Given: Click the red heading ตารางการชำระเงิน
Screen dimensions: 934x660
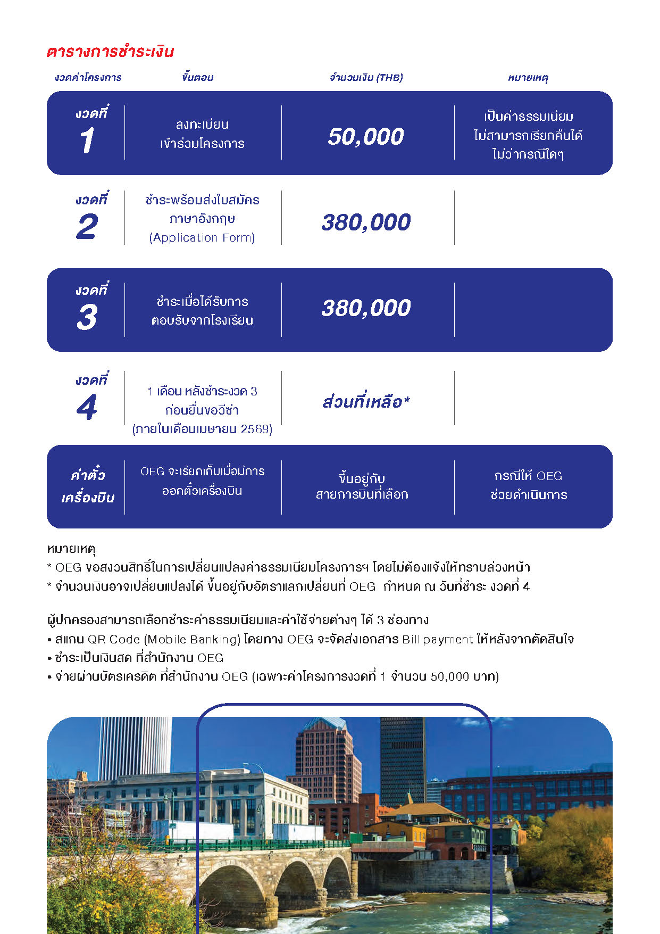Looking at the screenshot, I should click(x=110, y=52).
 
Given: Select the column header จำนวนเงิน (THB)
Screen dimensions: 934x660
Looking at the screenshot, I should click(x=366, y=78).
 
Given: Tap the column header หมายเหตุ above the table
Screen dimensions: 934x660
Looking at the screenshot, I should click(x=528, y=78).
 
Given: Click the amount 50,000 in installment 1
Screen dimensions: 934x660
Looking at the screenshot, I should click(x=366, y=136).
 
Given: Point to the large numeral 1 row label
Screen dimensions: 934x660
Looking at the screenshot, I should click(x=87, y=140).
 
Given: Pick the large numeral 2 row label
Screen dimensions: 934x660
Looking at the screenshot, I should click(x=87, y=226).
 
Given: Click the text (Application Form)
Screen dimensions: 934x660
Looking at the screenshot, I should click(x=202, y=237).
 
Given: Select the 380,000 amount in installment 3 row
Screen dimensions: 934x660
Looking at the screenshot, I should click(x=366, y=308).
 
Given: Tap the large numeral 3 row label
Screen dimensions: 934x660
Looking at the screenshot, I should click(x=87, y=317).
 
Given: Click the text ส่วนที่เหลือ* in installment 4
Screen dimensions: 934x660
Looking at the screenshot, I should click(x=366, y=401).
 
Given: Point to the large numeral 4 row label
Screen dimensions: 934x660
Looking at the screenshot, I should click(x=87, y=407).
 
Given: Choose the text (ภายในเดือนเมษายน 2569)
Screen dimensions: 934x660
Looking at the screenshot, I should click(x=202, y=429).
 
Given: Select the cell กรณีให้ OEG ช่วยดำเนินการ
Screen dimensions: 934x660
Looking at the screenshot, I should click(x=529, y=485).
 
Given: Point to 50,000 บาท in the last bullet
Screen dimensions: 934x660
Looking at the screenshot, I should click(x=463, y=676).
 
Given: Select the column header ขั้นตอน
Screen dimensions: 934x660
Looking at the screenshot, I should click(x=197, y=78).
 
